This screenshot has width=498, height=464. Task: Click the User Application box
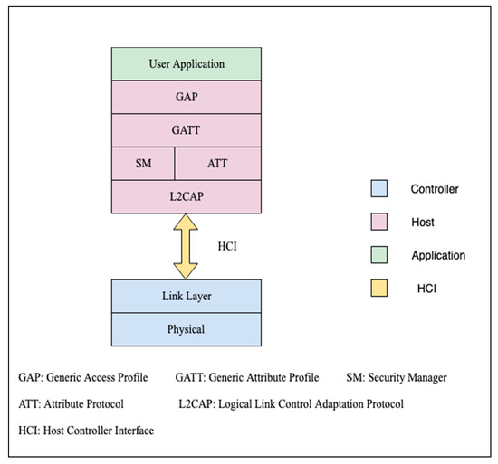point(186,64)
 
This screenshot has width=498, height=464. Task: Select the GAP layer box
point(186,98)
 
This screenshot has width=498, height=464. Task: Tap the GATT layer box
point(186,130)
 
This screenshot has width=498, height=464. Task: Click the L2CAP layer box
point(186,195)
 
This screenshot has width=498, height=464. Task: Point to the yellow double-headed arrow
point(186,244)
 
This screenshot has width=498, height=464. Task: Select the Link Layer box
point(186,296)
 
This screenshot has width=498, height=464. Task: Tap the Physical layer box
point(186,329)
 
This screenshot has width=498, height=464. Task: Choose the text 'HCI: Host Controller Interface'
point(86,431)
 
